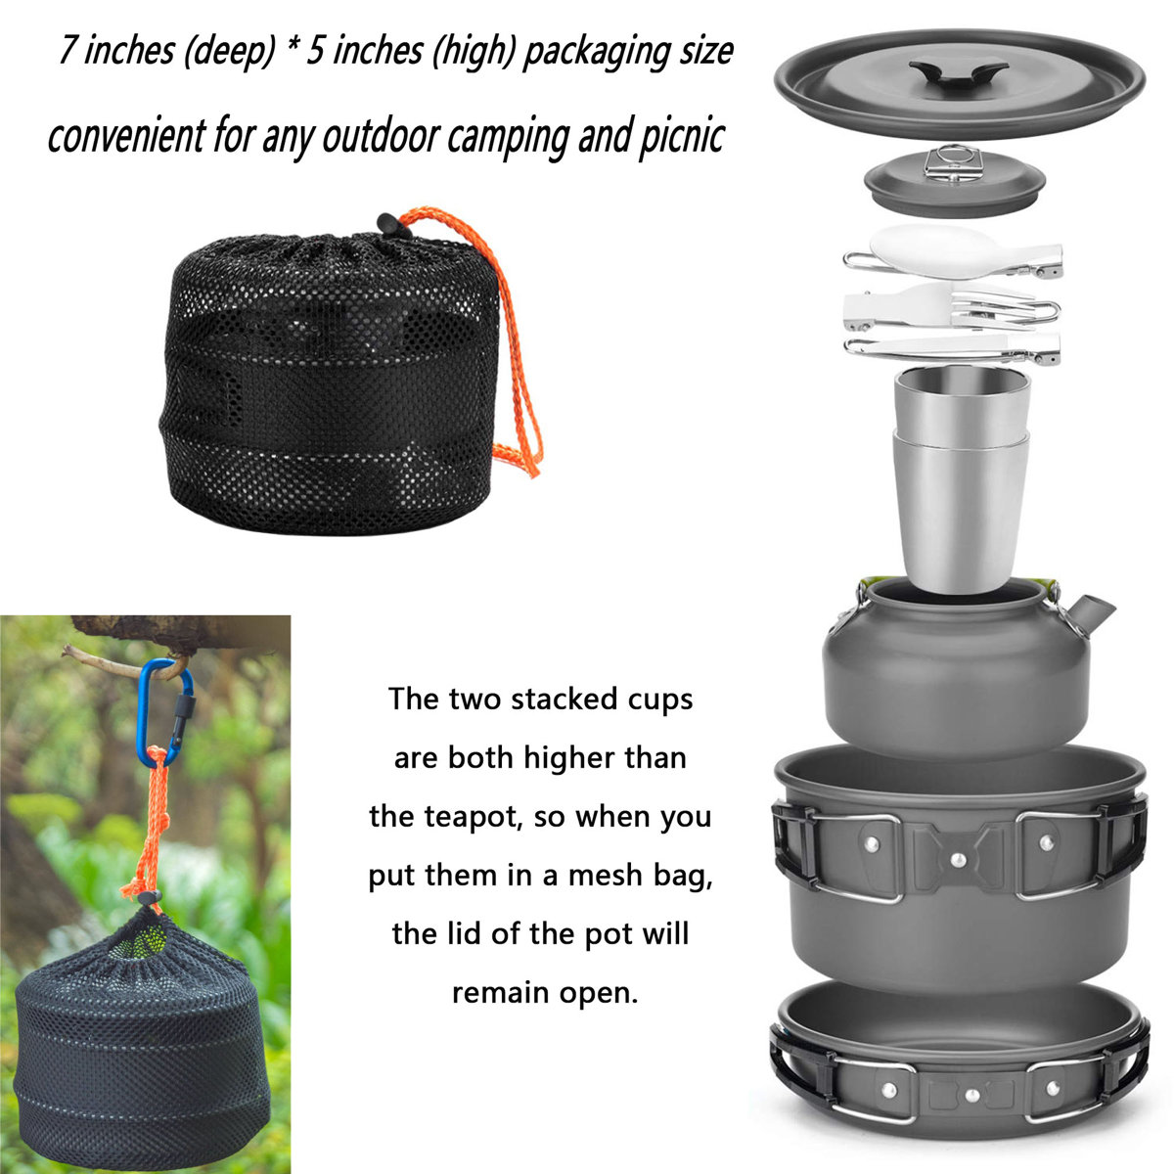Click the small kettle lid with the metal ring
point(954,182)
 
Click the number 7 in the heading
point(68,51)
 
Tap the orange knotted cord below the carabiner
point(147,832)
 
